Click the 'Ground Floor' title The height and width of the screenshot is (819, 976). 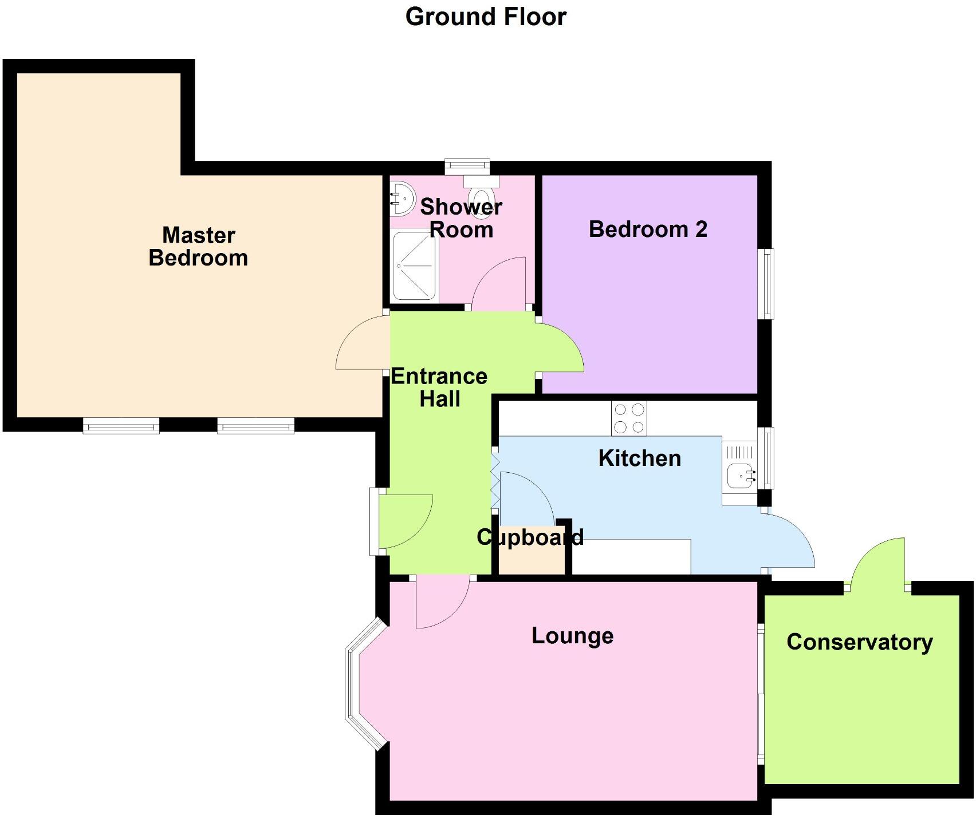pyautogui.click(x=486, y=17)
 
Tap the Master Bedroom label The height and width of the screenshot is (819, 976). pyautogui.click(x=198, y=247)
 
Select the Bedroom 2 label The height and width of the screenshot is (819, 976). pyautogui.click(x=648, y=230)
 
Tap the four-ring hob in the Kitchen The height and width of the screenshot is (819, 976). pyautogui.click(x=629, y=418)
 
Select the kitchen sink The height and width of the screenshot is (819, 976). pyautogui.click(x=741, y=474)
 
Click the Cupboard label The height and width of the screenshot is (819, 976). pyautogui.click(x=530, y=537)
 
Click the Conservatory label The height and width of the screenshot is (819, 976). pyautogui.click(x=859, y=642)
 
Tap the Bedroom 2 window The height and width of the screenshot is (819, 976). pyautogui.click(x=766, y=283)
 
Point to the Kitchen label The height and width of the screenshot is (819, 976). pyautogui.click(x=639, y=458)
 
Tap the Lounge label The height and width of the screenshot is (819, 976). pyautogui.click(x=572, y=636)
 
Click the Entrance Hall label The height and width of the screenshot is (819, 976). pyautogui.click(x=439, y=387)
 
